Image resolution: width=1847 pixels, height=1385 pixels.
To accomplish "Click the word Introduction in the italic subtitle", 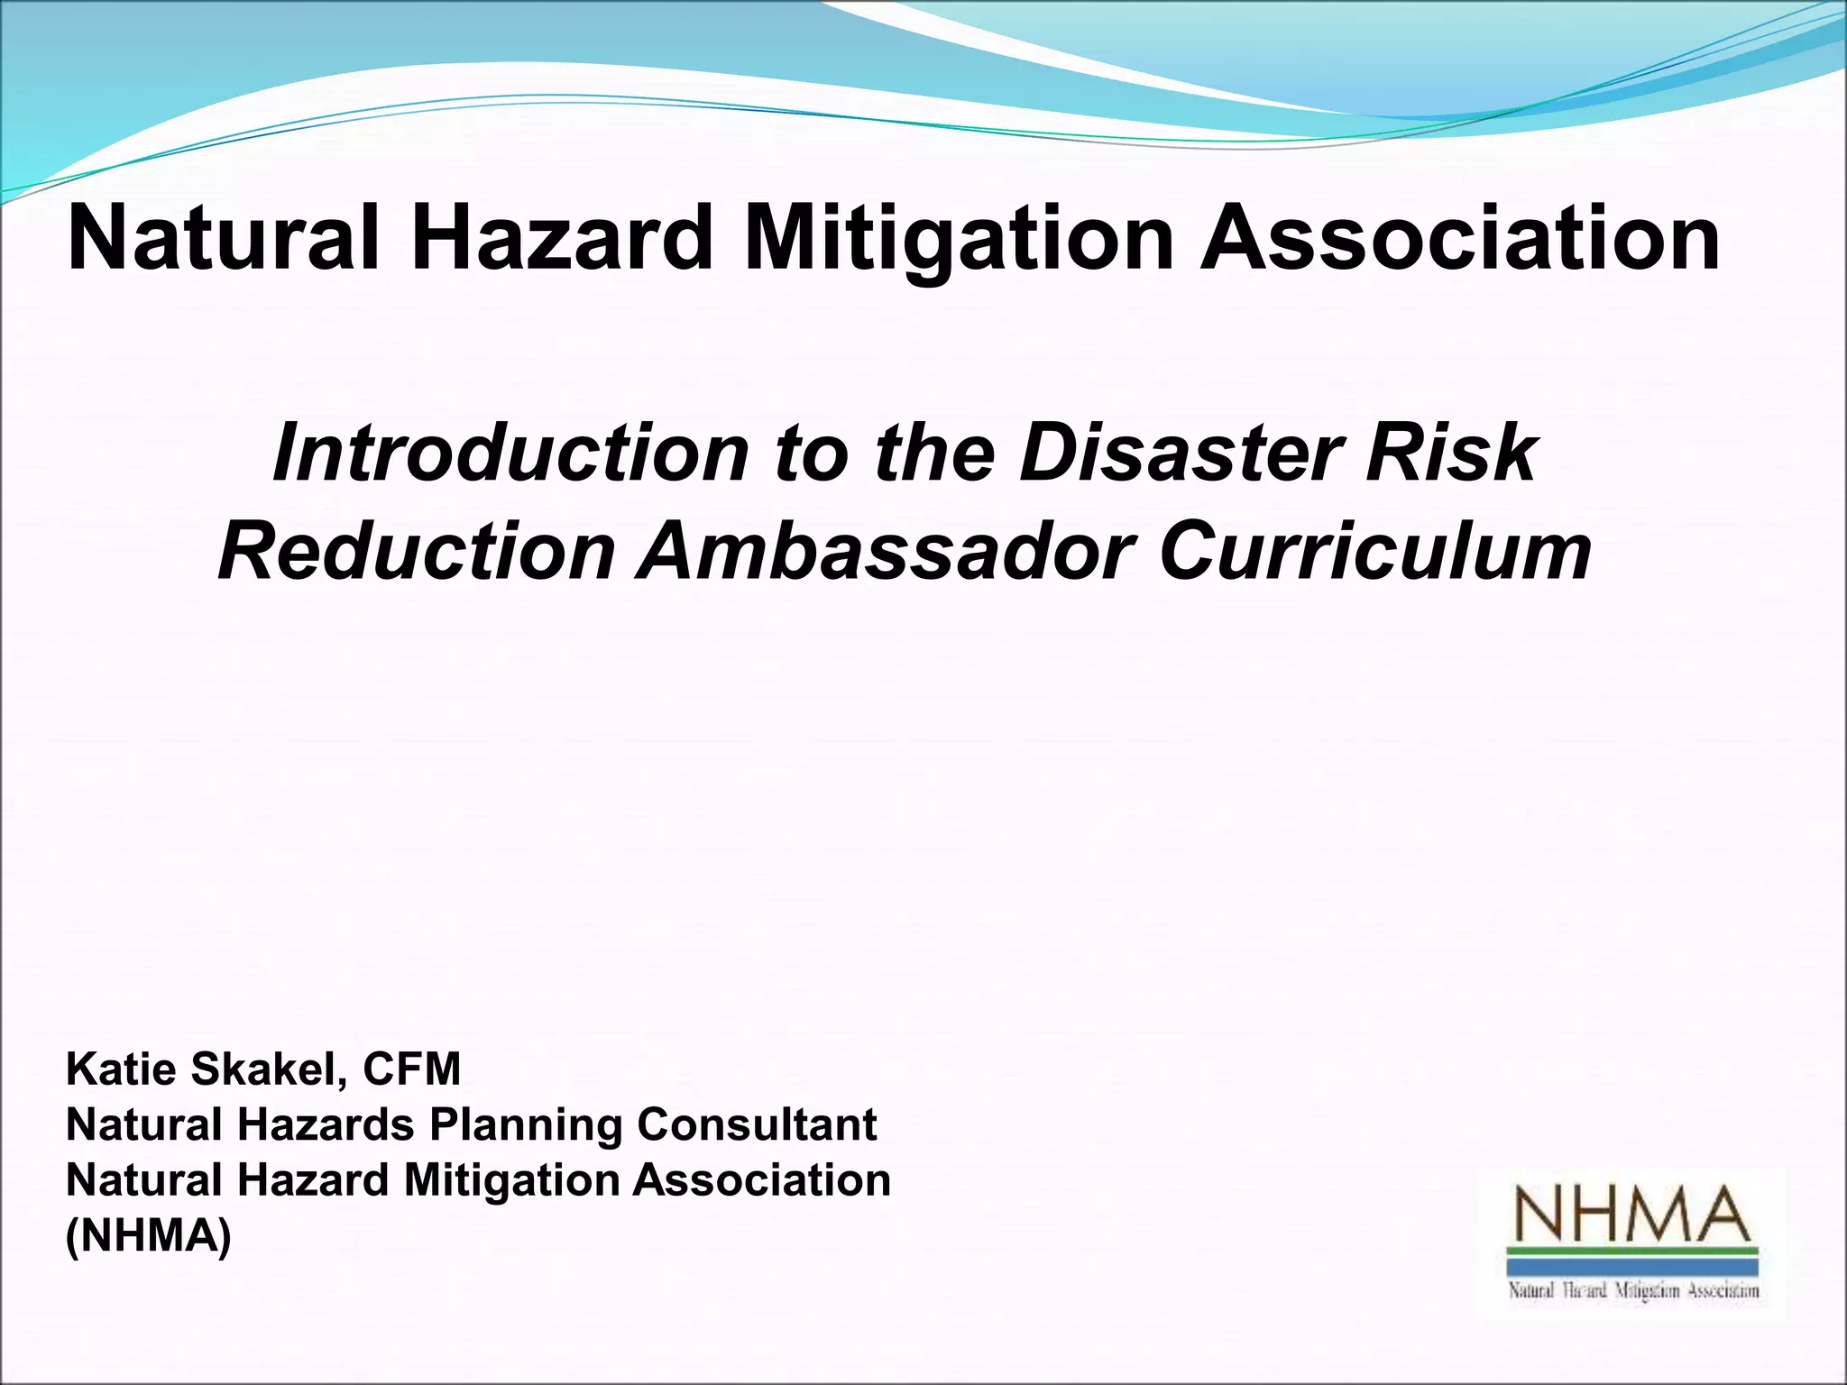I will click(510, 454).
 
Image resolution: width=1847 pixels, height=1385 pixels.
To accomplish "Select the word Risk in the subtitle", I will click(1451, 454).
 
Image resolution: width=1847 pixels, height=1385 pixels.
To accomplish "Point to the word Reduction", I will click(417, 552).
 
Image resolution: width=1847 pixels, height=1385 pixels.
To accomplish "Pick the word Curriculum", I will click(1375, 552).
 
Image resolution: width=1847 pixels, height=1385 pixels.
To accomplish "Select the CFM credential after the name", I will click(411, 1070).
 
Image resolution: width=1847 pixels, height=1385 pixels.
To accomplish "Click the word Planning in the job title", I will click(526, 1125).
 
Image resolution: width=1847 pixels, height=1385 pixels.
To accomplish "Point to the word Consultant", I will click(757, 1125).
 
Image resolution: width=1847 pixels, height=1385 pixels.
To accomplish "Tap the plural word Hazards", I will click(326, 1125).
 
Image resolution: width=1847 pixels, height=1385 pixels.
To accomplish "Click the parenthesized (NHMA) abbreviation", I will click(149, 1236).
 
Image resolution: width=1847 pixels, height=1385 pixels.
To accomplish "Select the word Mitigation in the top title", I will click(959, 239).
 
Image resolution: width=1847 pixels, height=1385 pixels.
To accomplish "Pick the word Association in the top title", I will click(1459, 239).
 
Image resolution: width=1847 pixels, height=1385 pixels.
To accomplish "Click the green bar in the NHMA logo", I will click(1632, 1252).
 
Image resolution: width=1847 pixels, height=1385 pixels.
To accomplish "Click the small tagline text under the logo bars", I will click(1633, 1291).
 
